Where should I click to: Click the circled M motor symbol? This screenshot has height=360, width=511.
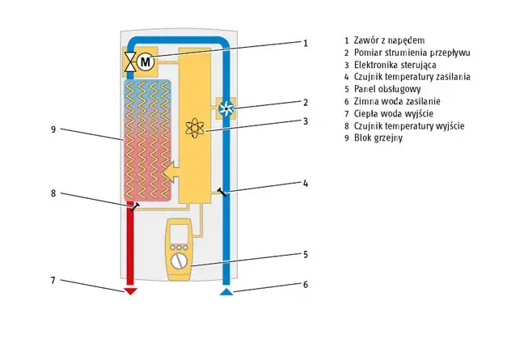tap(146, 61)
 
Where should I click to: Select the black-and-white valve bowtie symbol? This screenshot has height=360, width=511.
tap(130, 61)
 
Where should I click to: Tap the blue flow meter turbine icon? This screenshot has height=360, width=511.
tap(226, 108)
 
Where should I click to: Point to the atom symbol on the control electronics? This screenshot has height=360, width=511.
tap(195, 128)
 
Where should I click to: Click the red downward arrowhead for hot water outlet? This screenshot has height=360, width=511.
tap(131, 291)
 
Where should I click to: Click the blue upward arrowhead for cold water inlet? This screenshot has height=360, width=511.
tap(226, 291)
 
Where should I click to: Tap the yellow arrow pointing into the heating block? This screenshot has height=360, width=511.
tap(171, 172)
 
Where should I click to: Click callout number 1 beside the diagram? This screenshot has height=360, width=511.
tap(306, 43)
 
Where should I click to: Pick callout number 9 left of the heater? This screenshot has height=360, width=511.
tap(53, 129)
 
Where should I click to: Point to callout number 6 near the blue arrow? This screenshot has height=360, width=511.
tap(306, 284)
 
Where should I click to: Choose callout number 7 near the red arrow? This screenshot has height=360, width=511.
tap(53, 281)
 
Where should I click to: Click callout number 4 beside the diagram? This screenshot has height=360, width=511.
tap(306, 184)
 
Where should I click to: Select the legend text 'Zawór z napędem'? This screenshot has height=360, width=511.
tap(389, 40)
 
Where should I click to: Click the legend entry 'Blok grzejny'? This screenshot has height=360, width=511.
tap(378, 138)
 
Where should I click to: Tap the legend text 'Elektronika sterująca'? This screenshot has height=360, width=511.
tap(395, 65)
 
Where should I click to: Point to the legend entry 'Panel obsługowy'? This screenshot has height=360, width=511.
tap(387, 89)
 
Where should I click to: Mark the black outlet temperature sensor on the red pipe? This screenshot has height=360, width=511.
tap(135, 206)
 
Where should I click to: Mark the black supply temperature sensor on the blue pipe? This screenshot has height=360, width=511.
tap(222, 192)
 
